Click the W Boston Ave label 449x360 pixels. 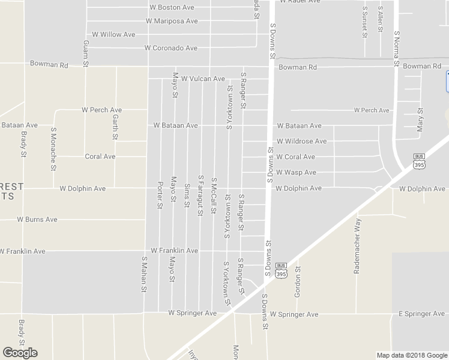[x=172, y=8]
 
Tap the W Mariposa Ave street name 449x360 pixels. [x=172, y=21]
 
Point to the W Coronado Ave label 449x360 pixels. [x=171, y=48]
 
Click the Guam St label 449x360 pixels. [x=87, y=54]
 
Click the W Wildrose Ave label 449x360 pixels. [x=301, y=142]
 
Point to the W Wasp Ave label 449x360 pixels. [x=296, y=173]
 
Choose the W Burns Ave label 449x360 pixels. [x=37, y=220]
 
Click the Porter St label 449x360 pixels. [x=160, y=195]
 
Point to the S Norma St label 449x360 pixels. [x=397, y=47]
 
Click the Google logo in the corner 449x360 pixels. [x=20, y=352]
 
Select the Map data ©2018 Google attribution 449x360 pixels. [x=411, y=355]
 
